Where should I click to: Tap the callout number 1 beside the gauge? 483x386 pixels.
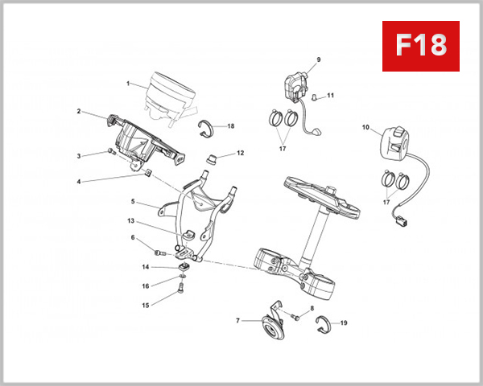click(127, 83)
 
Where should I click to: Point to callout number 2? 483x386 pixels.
click(79, 112)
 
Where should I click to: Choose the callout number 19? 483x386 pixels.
click(344, 323)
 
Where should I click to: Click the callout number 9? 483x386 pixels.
click(318, 60)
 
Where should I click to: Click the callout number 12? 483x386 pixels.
click(240, 152)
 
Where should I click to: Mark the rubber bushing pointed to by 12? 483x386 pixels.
click(214, 156)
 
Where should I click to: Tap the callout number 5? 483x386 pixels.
click(134, 203)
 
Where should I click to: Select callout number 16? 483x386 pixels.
click(145, 285)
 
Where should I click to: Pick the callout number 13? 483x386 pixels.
click(130, 220)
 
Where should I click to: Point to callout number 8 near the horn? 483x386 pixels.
click(312, 309)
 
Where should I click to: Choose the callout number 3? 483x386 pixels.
click(79, 155)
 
